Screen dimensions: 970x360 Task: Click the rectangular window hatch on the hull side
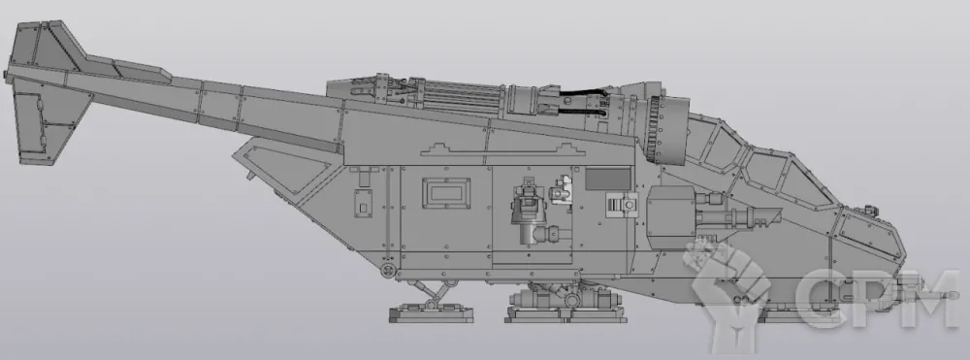click(x=446, y=193)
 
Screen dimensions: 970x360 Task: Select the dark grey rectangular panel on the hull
click(x=608, y=179)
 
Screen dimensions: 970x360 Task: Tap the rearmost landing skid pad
click(x=431, y=312)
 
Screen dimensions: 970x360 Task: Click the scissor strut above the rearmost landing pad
click(x=433, y=290)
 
